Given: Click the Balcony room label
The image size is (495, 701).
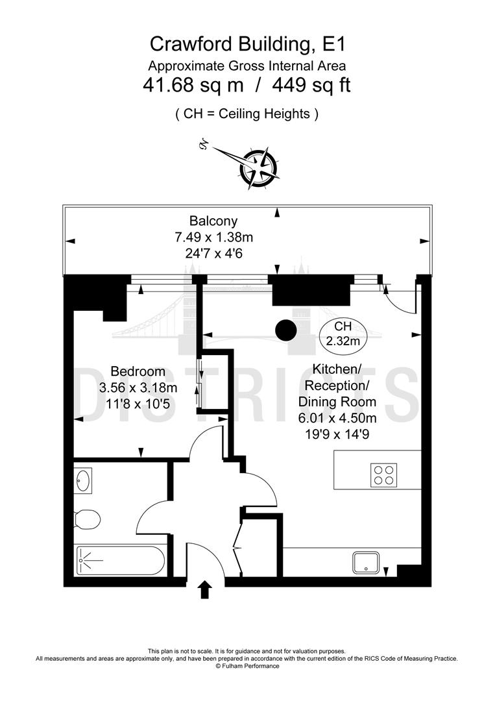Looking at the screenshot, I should coord(213,221).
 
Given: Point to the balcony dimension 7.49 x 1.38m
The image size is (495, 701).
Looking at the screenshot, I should coord(213,238).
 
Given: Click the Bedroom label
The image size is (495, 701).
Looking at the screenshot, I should coord(138,372).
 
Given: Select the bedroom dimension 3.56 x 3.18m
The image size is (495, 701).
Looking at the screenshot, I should coord(138,388).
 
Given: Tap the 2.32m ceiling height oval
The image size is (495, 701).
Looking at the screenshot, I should coord(342,333).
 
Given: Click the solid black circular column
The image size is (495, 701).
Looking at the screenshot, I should coord(285,330).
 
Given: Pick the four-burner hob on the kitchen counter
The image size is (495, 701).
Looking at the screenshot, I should coord(383,474).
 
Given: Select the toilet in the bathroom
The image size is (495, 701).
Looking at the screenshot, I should coord(86,519).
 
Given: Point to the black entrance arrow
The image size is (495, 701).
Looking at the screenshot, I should coord(206,589).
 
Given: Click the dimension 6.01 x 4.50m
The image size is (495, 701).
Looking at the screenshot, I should coord(337,418).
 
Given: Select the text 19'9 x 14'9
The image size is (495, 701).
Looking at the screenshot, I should coord(337,434).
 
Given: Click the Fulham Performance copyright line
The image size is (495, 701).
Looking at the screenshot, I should coord(247,666).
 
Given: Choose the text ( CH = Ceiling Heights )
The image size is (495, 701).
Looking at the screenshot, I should coord(247,114).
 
